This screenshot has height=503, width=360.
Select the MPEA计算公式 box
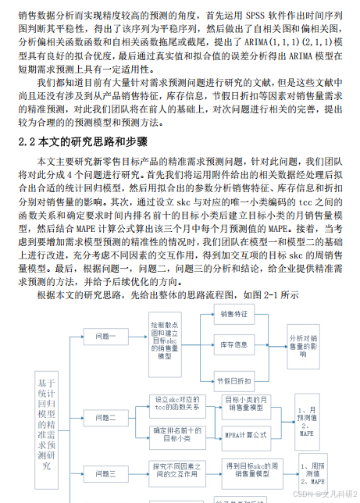tap(248, 433)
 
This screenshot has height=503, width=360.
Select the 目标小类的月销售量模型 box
tap(248, 405)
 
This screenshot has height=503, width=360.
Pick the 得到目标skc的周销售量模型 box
tap(248, 469)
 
